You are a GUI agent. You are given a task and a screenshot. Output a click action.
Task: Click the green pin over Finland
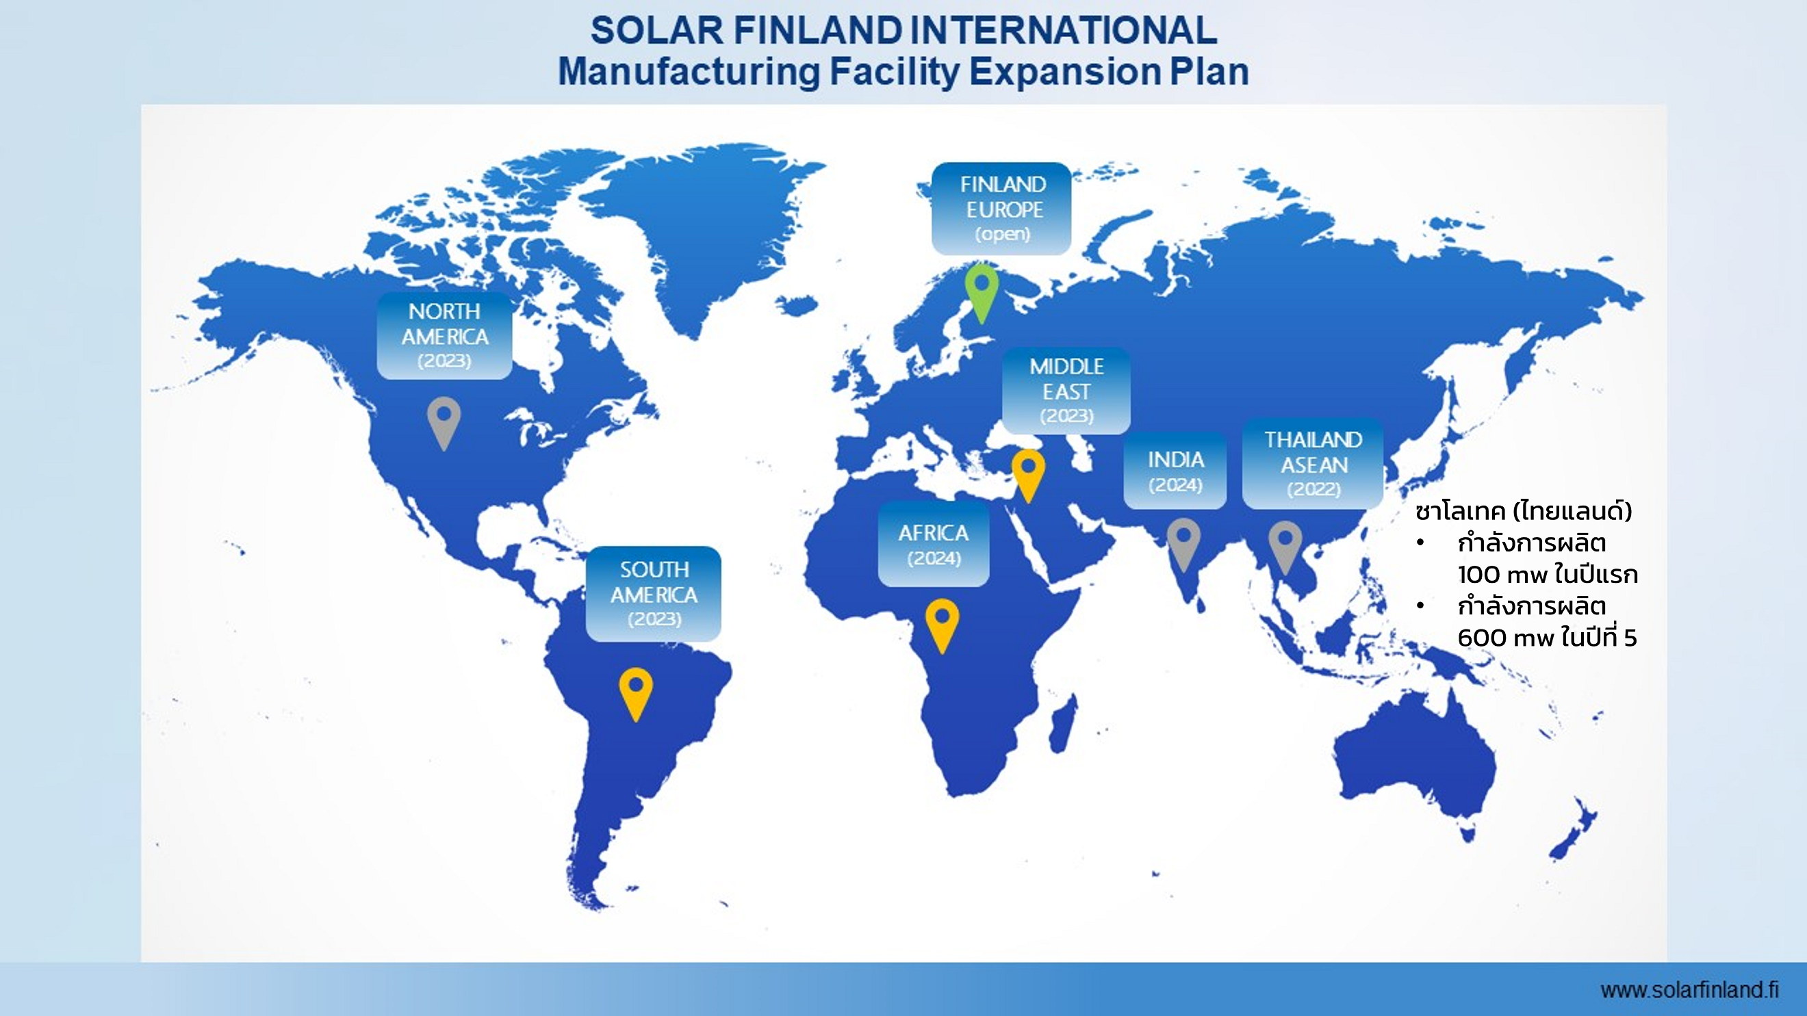coord(982,293)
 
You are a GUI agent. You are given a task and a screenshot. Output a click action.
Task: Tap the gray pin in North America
coord(444,422)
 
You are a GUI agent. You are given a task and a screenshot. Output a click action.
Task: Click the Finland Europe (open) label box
coord(1001,208)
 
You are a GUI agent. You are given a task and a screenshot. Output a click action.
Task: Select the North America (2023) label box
coord(444,336)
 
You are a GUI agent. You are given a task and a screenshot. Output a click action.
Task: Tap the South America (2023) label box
coord(654,594)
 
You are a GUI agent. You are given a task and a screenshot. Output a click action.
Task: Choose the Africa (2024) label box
coord(934,544)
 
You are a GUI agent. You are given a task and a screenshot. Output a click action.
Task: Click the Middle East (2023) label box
coord(1066,391)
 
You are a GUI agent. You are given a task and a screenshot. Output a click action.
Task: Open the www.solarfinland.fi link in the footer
coord(1690,990)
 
